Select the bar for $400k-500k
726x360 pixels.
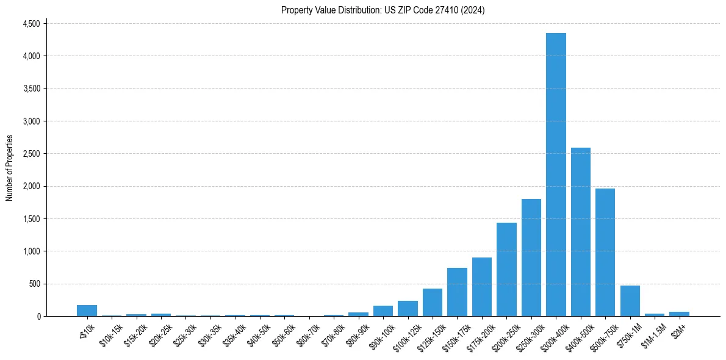pyautogui.click(x=580, y=232)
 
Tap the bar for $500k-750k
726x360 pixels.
pyautogui.click(x=605, y=252)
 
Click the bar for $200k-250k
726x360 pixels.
pyautogui.click(x=506, y=269)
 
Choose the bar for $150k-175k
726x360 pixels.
pyautogui.click(x=457, y=292)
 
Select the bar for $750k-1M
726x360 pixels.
pyautogui.click(x=630, y=301)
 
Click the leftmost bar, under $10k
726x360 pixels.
pyautogui.click(x=87, y=311)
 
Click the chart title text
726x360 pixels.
pyautogui.click(x=383, y=10)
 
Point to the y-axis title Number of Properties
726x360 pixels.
pyautogui.click(x=10, y=168)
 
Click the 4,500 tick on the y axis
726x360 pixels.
pyautogui.click(x=31, y=24)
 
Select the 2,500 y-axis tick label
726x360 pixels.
pyautogui.click(x=31, y=154)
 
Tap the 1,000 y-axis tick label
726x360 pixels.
pyautogui.click(x=31, y=251)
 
